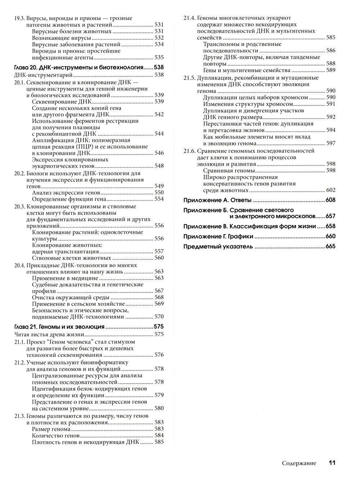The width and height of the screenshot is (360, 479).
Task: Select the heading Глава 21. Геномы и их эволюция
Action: tap(59, 327)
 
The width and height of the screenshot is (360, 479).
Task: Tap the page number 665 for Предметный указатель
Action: tap(330, 246)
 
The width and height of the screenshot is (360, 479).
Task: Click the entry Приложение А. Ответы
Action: tap(217, 200)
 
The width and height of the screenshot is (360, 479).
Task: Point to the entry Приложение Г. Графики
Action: tap(218, 236)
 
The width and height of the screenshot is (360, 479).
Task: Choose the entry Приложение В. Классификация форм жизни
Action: tap(249, 226)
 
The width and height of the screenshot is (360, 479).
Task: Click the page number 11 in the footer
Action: tap(332, 463)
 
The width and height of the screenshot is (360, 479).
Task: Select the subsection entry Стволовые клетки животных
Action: tap(71, 258)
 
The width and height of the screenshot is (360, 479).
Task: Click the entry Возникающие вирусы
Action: tap(62, 38)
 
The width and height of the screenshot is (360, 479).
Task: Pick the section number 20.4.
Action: tap(19, 265)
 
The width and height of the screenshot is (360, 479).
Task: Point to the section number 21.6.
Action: tap(189, 151)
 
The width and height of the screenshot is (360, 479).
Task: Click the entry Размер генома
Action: tap(51, 429)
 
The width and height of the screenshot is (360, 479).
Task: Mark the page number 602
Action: tap(330, 190)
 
